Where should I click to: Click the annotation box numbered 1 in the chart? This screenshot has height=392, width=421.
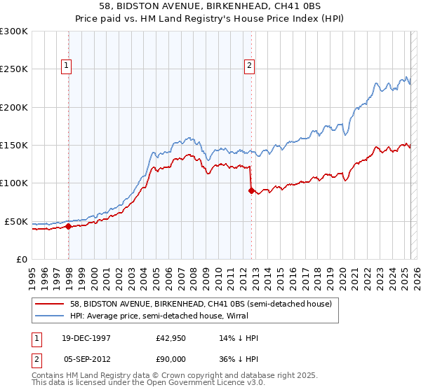(66, 66)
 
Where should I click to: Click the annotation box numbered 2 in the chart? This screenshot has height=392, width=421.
(248, 66)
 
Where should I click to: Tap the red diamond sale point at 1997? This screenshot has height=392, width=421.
(69, 226)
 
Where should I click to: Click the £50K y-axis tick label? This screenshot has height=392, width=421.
(16, 221)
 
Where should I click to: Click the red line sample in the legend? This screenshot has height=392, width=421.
(51, 304)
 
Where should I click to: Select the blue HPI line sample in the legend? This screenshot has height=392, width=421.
(51, 316)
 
